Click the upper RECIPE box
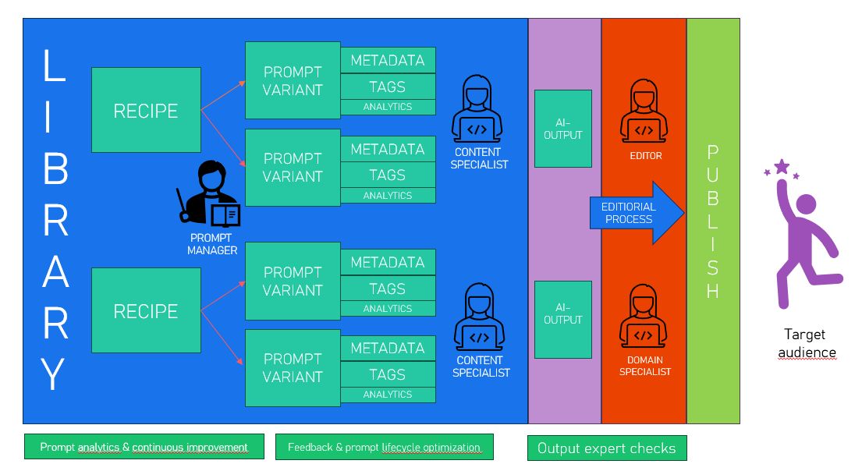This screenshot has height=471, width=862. coord(146,110)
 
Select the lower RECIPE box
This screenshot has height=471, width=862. coord(146,310)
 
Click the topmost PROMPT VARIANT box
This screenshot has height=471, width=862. coord(293,81)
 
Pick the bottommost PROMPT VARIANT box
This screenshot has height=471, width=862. coord(293,367)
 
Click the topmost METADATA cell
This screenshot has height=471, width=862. coord(388,60)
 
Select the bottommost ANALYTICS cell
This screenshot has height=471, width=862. coord(388,395)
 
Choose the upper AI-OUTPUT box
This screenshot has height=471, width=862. coord(563,129)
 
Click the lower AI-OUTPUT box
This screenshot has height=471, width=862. coord(563,319)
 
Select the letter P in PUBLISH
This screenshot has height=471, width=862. coord(712,152)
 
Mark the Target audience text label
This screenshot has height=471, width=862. coord(806,343)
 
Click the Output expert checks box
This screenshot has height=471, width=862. coord(607,448)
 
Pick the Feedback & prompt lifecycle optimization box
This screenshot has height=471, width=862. coord(384,447)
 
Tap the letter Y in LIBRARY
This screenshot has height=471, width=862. coord(55,374)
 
